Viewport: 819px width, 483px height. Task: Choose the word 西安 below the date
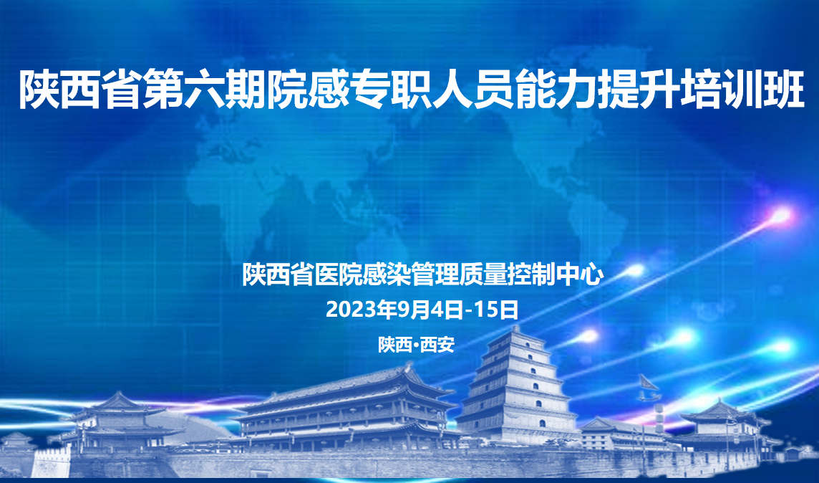coord(437,345)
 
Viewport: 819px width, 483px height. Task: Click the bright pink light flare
coord(781,214)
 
